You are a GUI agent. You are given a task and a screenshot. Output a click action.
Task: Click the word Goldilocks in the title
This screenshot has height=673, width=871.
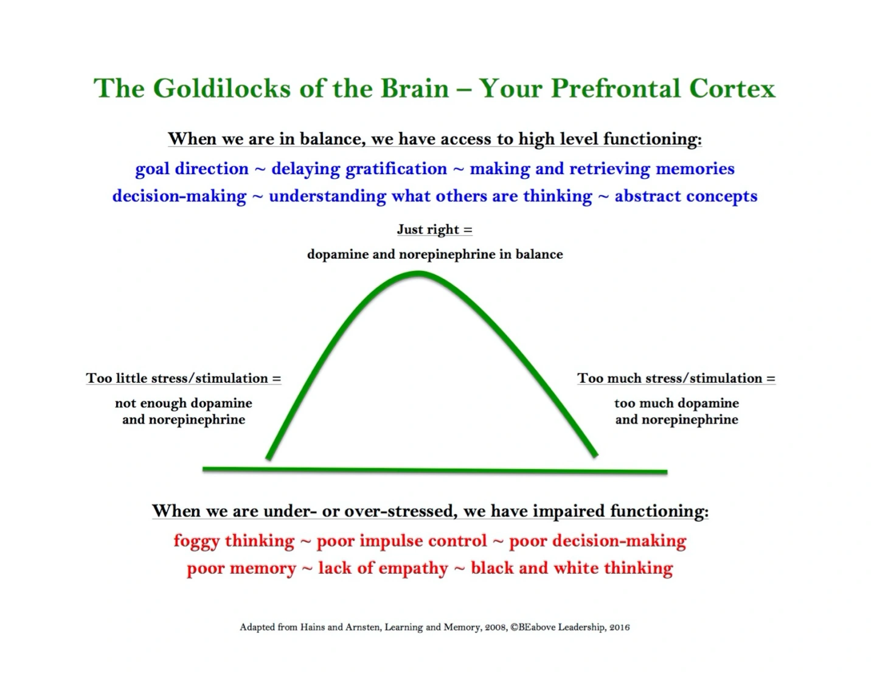222,88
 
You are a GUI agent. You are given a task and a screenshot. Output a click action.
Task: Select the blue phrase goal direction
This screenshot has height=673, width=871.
192,169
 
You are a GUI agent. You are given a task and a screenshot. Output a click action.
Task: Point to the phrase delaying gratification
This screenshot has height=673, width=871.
359,169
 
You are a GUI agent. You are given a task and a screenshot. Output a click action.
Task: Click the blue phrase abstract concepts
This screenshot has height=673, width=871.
685,196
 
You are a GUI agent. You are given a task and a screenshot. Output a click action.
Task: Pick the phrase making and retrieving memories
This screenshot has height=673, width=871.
602,169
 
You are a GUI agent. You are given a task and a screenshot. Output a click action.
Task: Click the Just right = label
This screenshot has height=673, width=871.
434,229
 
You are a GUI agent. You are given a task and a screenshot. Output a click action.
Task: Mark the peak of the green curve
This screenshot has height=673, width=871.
419,273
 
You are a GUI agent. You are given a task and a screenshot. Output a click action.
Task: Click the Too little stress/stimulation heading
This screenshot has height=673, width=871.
183,378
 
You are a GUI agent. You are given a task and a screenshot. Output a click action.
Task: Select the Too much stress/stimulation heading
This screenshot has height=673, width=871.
676,378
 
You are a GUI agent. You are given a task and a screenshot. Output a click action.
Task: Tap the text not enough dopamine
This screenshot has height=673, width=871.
183,403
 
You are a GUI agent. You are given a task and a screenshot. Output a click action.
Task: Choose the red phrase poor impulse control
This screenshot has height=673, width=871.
401,541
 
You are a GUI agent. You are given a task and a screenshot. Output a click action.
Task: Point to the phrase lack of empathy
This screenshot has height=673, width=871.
383,568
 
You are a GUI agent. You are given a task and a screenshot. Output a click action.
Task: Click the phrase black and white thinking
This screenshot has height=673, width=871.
572,568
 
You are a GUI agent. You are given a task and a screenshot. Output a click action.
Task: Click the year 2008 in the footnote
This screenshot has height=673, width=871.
496,627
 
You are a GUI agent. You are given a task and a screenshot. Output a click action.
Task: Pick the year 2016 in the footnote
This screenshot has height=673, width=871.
619,627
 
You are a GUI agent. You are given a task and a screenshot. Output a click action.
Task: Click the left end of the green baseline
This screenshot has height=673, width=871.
205,469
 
